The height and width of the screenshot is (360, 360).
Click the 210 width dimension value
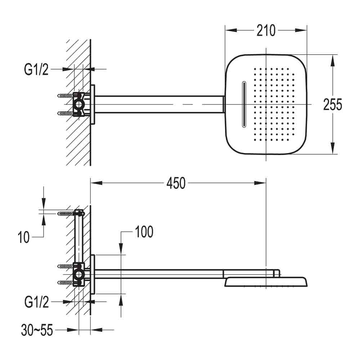pos(266,31)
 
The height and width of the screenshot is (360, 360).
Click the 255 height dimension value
pos(333,105)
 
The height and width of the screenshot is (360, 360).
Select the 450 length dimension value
pos(176,183)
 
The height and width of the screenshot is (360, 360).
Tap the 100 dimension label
pos(144,232)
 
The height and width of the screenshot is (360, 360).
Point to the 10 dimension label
pos(24,238)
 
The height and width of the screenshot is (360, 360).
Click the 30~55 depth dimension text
pos(37,330)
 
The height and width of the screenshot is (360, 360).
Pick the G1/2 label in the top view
pos(36,70)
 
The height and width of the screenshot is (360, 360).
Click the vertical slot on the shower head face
pos(244,105)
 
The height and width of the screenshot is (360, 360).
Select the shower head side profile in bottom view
pos(266,282)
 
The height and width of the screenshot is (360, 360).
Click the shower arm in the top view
pos(158,104)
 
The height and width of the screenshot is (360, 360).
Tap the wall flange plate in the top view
pos(93,104)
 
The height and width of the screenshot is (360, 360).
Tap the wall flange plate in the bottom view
pos(93,274)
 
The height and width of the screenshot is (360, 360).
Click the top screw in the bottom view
pos(67,213)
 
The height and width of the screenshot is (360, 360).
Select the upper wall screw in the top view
pos(65,96)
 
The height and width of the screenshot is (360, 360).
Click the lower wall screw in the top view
pos(65,113)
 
